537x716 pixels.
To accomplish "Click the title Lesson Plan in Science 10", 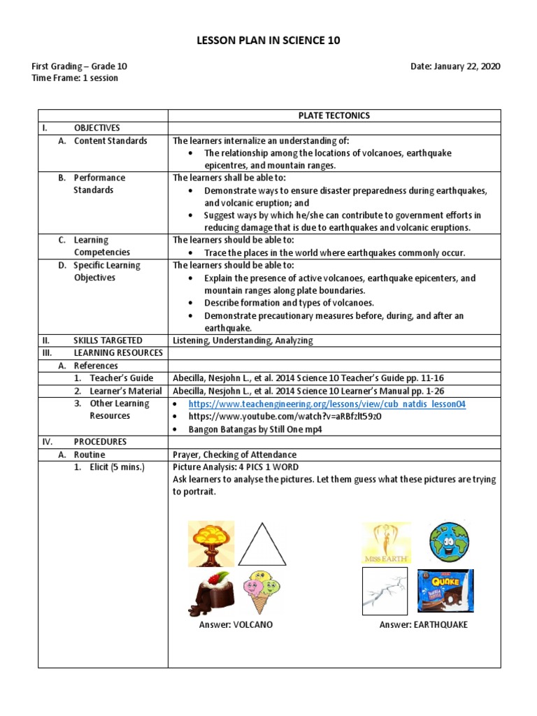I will coord(268,41).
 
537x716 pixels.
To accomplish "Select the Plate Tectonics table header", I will coord(334,115).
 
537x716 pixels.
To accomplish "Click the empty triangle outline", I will coord(262,544).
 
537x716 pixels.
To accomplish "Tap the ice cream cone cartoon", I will coord(262,592).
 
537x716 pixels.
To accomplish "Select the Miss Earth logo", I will coord(386,543).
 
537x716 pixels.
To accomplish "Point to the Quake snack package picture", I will coord(445,591).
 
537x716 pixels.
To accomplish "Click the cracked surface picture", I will coord(385,591).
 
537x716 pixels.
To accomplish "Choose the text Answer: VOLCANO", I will coord(236,624).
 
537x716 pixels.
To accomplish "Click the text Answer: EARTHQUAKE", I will coord(423,624).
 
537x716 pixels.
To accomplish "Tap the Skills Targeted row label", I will coord(108,341).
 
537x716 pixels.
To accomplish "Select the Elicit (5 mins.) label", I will coord(117,467).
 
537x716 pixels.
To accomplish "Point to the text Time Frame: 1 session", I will coord(75,78).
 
